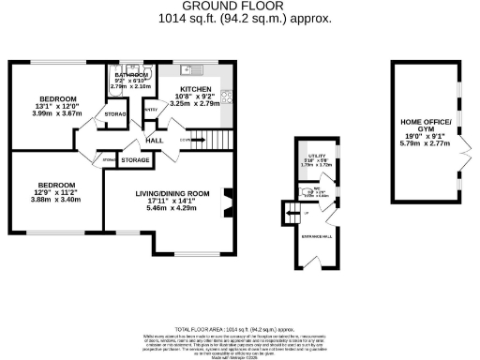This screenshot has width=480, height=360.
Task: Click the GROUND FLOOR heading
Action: pyautogui.click(x=239, y=7)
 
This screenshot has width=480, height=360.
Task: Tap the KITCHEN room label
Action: pyautogui.click(x=195, y=87)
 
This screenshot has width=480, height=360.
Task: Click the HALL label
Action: pyautogui.click(x=155, y=141)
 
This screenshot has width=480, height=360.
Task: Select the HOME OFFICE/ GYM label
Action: pyautogui.click(x=427, y=125)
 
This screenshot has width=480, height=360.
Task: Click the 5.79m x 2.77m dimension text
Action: pyautogui.click(x=427, y=143)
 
